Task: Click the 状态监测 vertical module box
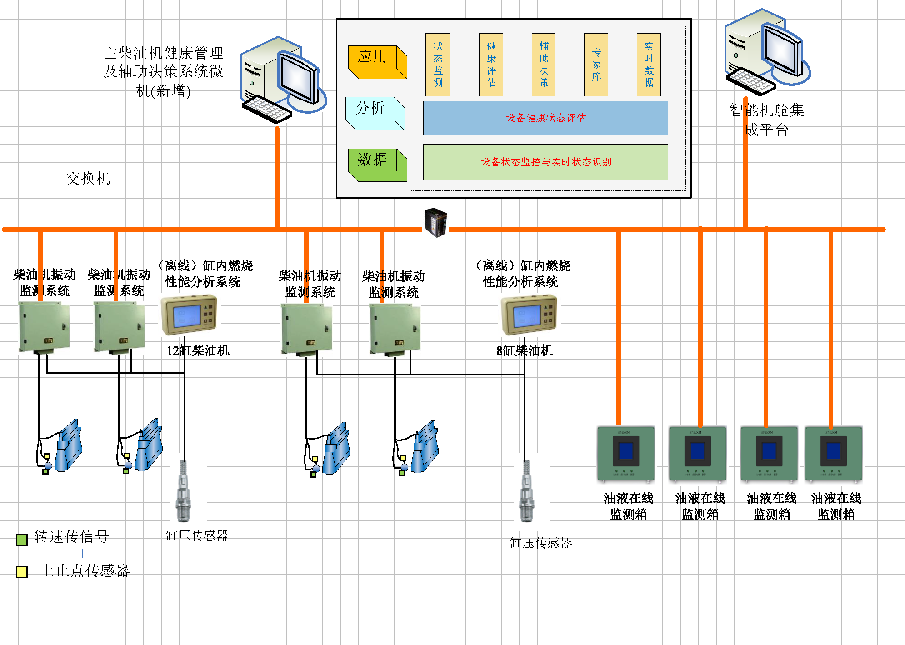point(438,65)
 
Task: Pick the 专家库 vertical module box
point(596,65)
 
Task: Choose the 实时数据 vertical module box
point(649,65)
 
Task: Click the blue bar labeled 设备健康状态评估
point(545,118)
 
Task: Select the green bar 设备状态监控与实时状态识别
point(545,162)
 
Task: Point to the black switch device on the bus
point(436,223)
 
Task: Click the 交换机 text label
point(88,178)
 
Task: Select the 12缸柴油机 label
point(198,350)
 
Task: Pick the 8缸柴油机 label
point(525,350)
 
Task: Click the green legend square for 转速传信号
point(21,540)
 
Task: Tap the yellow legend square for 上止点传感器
point(21,572)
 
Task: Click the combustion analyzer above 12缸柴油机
point(189,315)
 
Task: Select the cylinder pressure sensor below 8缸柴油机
point(526,491)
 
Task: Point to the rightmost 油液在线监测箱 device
point(833,454)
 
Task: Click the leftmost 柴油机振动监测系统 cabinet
point(44,328)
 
